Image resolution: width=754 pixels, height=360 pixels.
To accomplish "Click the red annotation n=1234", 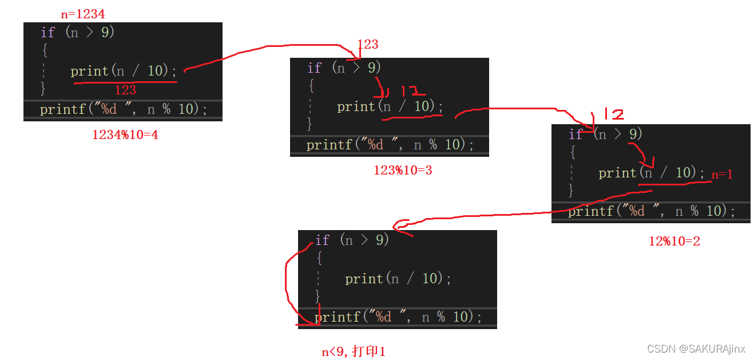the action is tap(83, 14).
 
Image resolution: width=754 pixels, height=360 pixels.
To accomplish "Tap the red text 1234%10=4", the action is tap(125, 135).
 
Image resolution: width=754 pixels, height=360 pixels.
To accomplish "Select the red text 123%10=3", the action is tap(402, 170).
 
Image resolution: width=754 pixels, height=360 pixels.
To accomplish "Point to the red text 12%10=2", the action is tap(674, 241).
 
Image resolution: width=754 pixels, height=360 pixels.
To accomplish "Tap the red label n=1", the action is tap(722, 175).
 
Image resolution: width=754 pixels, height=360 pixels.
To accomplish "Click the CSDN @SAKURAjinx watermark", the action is tap(696, 349).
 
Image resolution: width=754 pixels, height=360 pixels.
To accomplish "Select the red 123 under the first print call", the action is tap(125, 90).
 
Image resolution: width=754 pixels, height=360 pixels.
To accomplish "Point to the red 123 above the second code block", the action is tap(368, 45).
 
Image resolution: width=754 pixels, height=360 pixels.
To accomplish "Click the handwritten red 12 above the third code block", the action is tap(610, 114).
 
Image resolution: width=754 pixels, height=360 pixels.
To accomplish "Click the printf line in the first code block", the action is tap(123, 109).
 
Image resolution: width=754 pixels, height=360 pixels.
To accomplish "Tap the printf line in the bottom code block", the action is tap(398, 317).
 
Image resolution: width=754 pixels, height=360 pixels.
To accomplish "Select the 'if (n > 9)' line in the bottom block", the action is tap(352, 240).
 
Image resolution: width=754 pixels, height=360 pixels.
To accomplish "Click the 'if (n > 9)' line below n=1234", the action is tap(78, 32).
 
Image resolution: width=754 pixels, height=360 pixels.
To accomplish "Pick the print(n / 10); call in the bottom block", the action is tap(398, 279).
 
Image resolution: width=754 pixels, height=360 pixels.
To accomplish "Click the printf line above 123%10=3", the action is tap(390, 144).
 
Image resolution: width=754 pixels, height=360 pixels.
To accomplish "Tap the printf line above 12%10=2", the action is tap(651, 211).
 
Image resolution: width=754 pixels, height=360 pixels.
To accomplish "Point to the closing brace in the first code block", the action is tap(42, 88).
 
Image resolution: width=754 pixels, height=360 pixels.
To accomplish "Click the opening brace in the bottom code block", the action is tap(319, 259).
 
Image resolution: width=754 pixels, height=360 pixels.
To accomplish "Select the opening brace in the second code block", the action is tap(311, 86).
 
